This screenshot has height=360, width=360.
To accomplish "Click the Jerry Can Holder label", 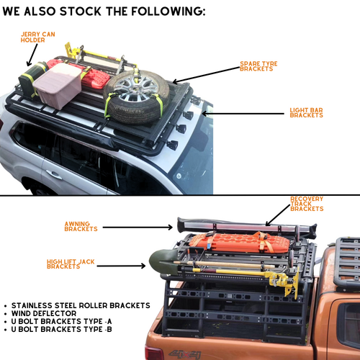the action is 37,37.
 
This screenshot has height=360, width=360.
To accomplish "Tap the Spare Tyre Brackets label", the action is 258,66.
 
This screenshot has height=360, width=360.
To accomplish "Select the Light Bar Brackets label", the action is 306,112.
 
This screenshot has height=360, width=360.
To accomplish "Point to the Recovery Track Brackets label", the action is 307,204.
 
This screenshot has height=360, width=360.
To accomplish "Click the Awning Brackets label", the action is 81,226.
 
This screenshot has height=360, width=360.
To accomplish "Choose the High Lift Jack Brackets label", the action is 71,264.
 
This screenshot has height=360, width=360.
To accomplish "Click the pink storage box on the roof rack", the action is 58,85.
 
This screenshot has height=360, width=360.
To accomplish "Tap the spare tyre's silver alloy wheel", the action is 135,88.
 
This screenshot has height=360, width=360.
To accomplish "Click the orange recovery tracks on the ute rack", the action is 240,243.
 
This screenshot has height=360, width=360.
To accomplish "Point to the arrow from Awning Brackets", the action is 138,228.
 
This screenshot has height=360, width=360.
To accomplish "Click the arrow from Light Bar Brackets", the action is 243,114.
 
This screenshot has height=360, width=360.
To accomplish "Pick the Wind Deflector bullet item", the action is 44,313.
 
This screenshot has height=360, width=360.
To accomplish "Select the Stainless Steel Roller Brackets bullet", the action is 81,305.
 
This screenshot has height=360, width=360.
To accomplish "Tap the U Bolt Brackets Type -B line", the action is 61,329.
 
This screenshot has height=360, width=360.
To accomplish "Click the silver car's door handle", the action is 54,174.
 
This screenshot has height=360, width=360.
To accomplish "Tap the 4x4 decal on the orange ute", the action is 184,354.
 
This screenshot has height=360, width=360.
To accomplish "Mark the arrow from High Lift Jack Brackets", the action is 121,266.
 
